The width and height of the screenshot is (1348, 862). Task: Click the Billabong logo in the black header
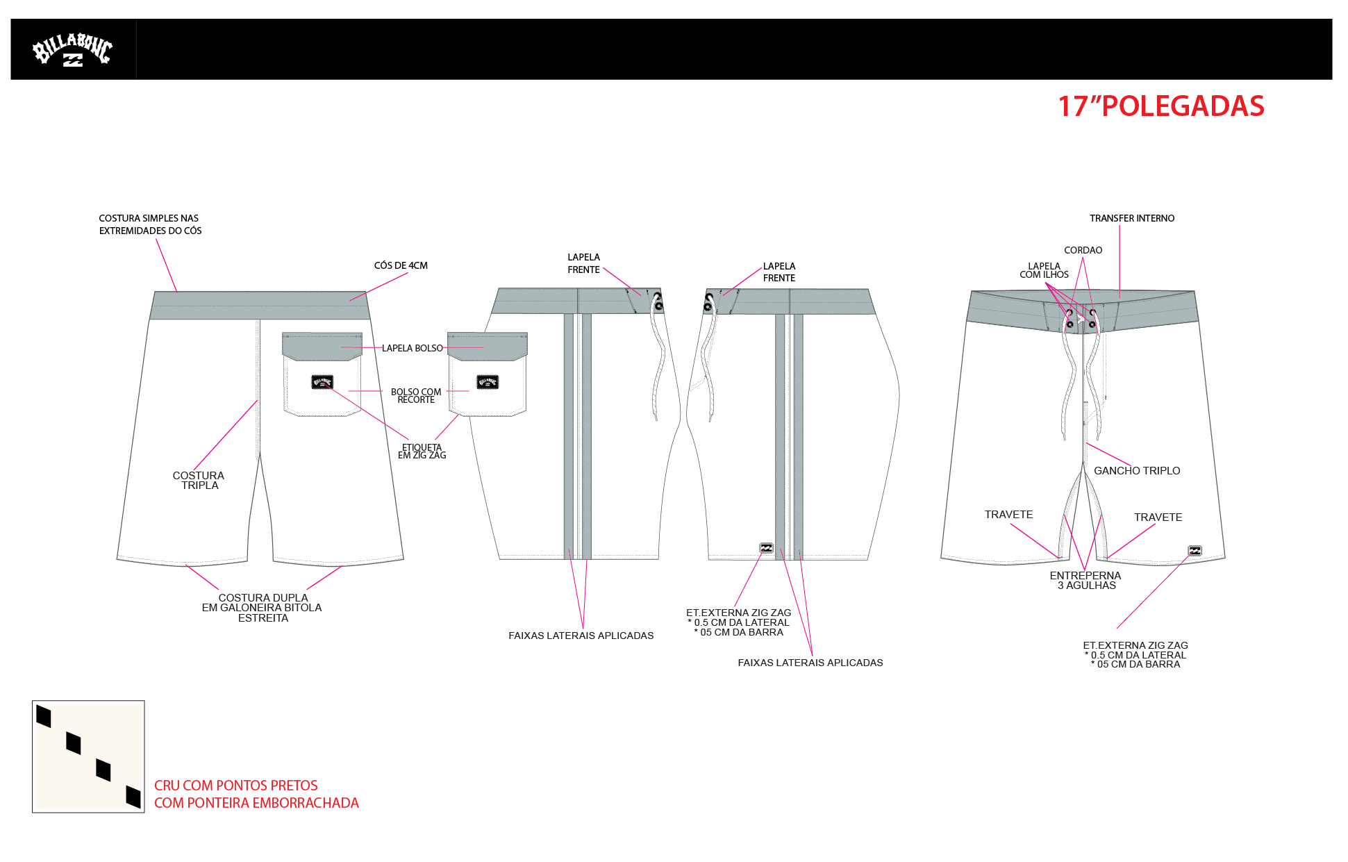pos(72,49)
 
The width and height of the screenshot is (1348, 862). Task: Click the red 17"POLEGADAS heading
pos(1160,106)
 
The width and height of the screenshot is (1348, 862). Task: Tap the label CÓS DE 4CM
pos(401,265)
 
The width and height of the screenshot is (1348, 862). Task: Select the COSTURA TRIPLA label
pos(199,480)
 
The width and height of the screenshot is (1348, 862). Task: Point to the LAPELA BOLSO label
pos(413,348)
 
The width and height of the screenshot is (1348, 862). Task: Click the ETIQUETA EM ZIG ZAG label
pos(422,451)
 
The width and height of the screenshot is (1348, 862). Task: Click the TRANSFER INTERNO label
pos(1132,218)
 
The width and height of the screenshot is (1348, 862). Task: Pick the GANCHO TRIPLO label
pos(1137,470)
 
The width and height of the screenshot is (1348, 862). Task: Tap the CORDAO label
pos(1083,250)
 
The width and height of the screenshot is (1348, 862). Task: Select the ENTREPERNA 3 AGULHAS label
pos(1085,580)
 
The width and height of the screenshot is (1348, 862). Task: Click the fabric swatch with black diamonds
pos(88,756)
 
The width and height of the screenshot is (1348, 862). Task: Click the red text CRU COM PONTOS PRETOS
pos(235,786)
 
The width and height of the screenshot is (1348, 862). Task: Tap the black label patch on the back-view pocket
pos(322,382)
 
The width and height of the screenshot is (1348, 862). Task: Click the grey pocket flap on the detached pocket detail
pos(488,347)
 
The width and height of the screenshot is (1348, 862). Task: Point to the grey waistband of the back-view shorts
pos(260,306)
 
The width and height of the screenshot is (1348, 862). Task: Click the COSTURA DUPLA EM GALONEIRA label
pos(263,608)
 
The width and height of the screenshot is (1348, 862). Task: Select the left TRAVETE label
pos(1008,515)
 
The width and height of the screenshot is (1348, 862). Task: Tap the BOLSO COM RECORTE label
pos(416,396)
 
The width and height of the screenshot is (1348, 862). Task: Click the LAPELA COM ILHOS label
pos(1044,270)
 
